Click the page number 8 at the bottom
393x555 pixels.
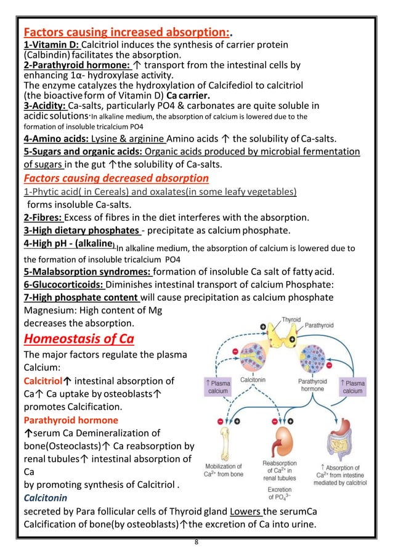tap(196, 544)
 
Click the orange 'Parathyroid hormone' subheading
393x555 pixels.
tap(71, 420)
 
